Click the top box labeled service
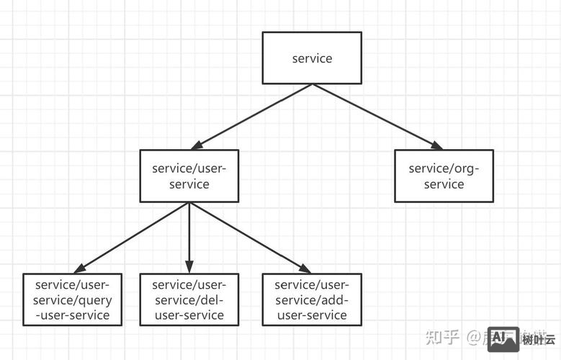[x=312, y=58]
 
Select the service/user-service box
[x=189, y=176]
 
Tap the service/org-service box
[x=444, y=176]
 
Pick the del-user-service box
[x=189, y=298]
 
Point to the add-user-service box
[x=311, y=298]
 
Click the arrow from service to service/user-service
[x=252, y=116]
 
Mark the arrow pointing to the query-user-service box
[x=130, y=237]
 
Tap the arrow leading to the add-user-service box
[x=248, y=237]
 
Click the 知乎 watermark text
[x=442, y=337]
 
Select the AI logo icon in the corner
[x=503, y=337]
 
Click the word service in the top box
[x=312, y=58]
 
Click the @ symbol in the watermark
[x=473, y=337]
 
